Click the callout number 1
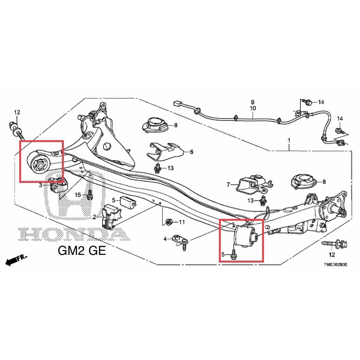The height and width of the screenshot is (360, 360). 289,140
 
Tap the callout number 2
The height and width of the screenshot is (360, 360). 95,217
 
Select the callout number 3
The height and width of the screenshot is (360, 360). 40,185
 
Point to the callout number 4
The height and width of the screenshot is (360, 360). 165,239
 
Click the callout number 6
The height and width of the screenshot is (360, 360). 192,152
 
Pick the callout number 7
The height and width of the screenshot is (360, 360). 228,184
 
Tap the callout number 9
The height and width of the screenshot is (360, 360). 252,102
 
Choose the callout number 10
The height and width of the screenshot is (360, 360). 252,108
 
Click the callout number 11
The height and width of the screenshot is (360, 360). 182,222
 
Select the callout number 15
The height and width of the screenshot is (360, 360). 78,195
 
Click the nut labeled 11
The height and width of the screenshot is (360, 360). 168,222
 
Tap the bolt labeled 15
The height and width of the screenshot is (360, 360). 90,194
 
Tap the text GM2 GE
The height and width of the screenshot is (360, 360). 82,251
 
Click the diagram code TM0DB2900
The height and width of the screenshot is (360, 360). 336,264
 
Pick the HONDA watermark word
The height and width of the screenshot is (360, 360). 74,234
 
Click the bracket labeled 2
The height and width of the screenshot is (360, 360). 110,216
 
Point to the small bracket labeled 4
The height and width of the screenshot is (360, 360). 180,241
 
